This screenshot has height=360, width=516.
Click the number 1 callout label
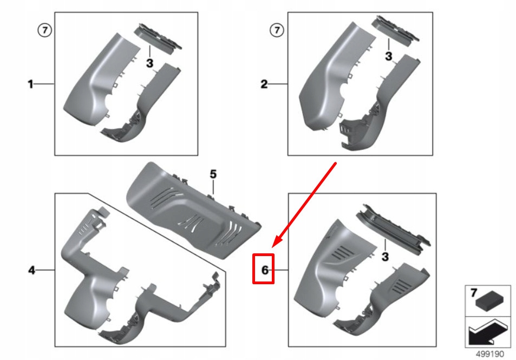31,84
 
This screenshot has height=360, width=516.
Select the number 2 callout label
264,84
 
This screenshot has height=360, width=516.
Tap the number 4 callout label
31,270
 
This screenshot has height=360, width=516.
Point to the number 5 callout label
213,174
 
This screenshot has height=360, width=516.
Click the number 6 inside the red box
265,270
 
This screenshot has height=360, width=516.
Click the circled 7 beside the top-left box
45,30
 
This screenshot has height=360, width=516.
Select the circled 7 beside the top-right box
277,30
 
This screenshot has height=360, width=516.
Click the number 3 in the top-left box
149,64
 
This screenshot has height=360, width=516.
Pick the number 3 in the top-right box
388,56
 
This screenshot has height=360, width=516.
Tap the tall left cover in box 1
97,81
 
